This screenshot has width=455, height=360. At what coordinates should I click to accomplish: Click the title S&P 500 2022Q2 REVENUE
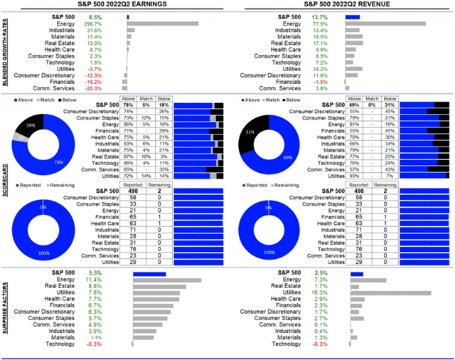tap(341, 4)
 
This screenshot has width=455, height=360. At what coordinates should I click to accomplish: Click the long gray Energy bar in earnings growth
tap(163, 23)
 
